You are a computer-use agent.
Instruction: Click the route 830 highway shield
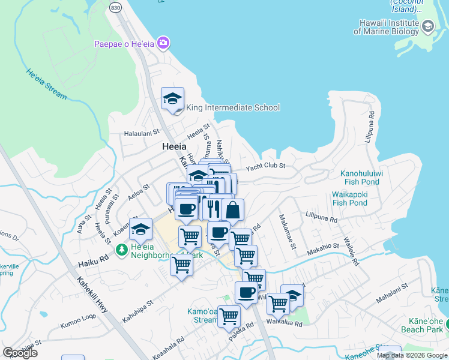(x=116, y=5)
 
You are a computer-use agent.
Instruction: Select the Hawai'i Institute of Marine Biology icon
(x=428, y=26)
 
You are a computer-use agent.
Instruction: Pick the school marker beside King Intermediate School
(x=173, y=99)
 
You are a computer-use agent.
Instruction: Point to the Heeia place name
(x=174, y=146)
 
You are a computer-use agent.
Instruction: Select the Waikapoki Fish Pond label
(x=349, y=199)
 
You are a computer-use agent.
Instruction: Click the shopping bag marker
(x=232, y=210)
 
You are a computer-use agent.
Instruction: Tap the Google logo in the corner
(x=20, y=353)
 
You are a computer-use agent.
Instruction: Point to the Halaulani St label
(x=142, y=134)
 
